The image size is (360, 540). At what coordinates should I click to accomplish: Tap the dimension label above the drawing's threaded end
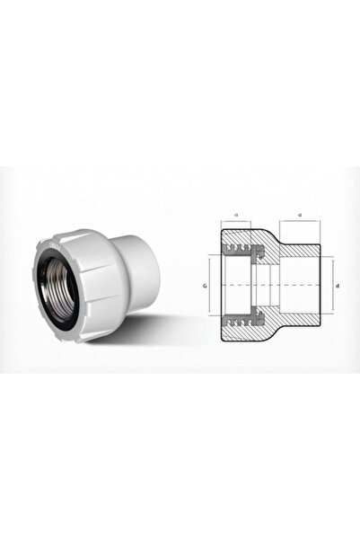(235, 217)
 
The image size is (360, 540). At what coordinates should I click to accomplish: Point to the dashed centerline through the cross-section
(269, 287)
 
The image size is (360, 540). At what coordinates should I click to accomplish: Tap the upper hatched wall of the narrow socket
(301, 250)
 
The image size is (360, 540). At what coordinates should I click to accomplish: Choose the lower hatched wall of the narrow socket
(301, 323)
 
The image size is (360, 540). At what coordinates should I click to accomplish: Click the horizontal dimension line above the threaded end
(235, 223)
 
